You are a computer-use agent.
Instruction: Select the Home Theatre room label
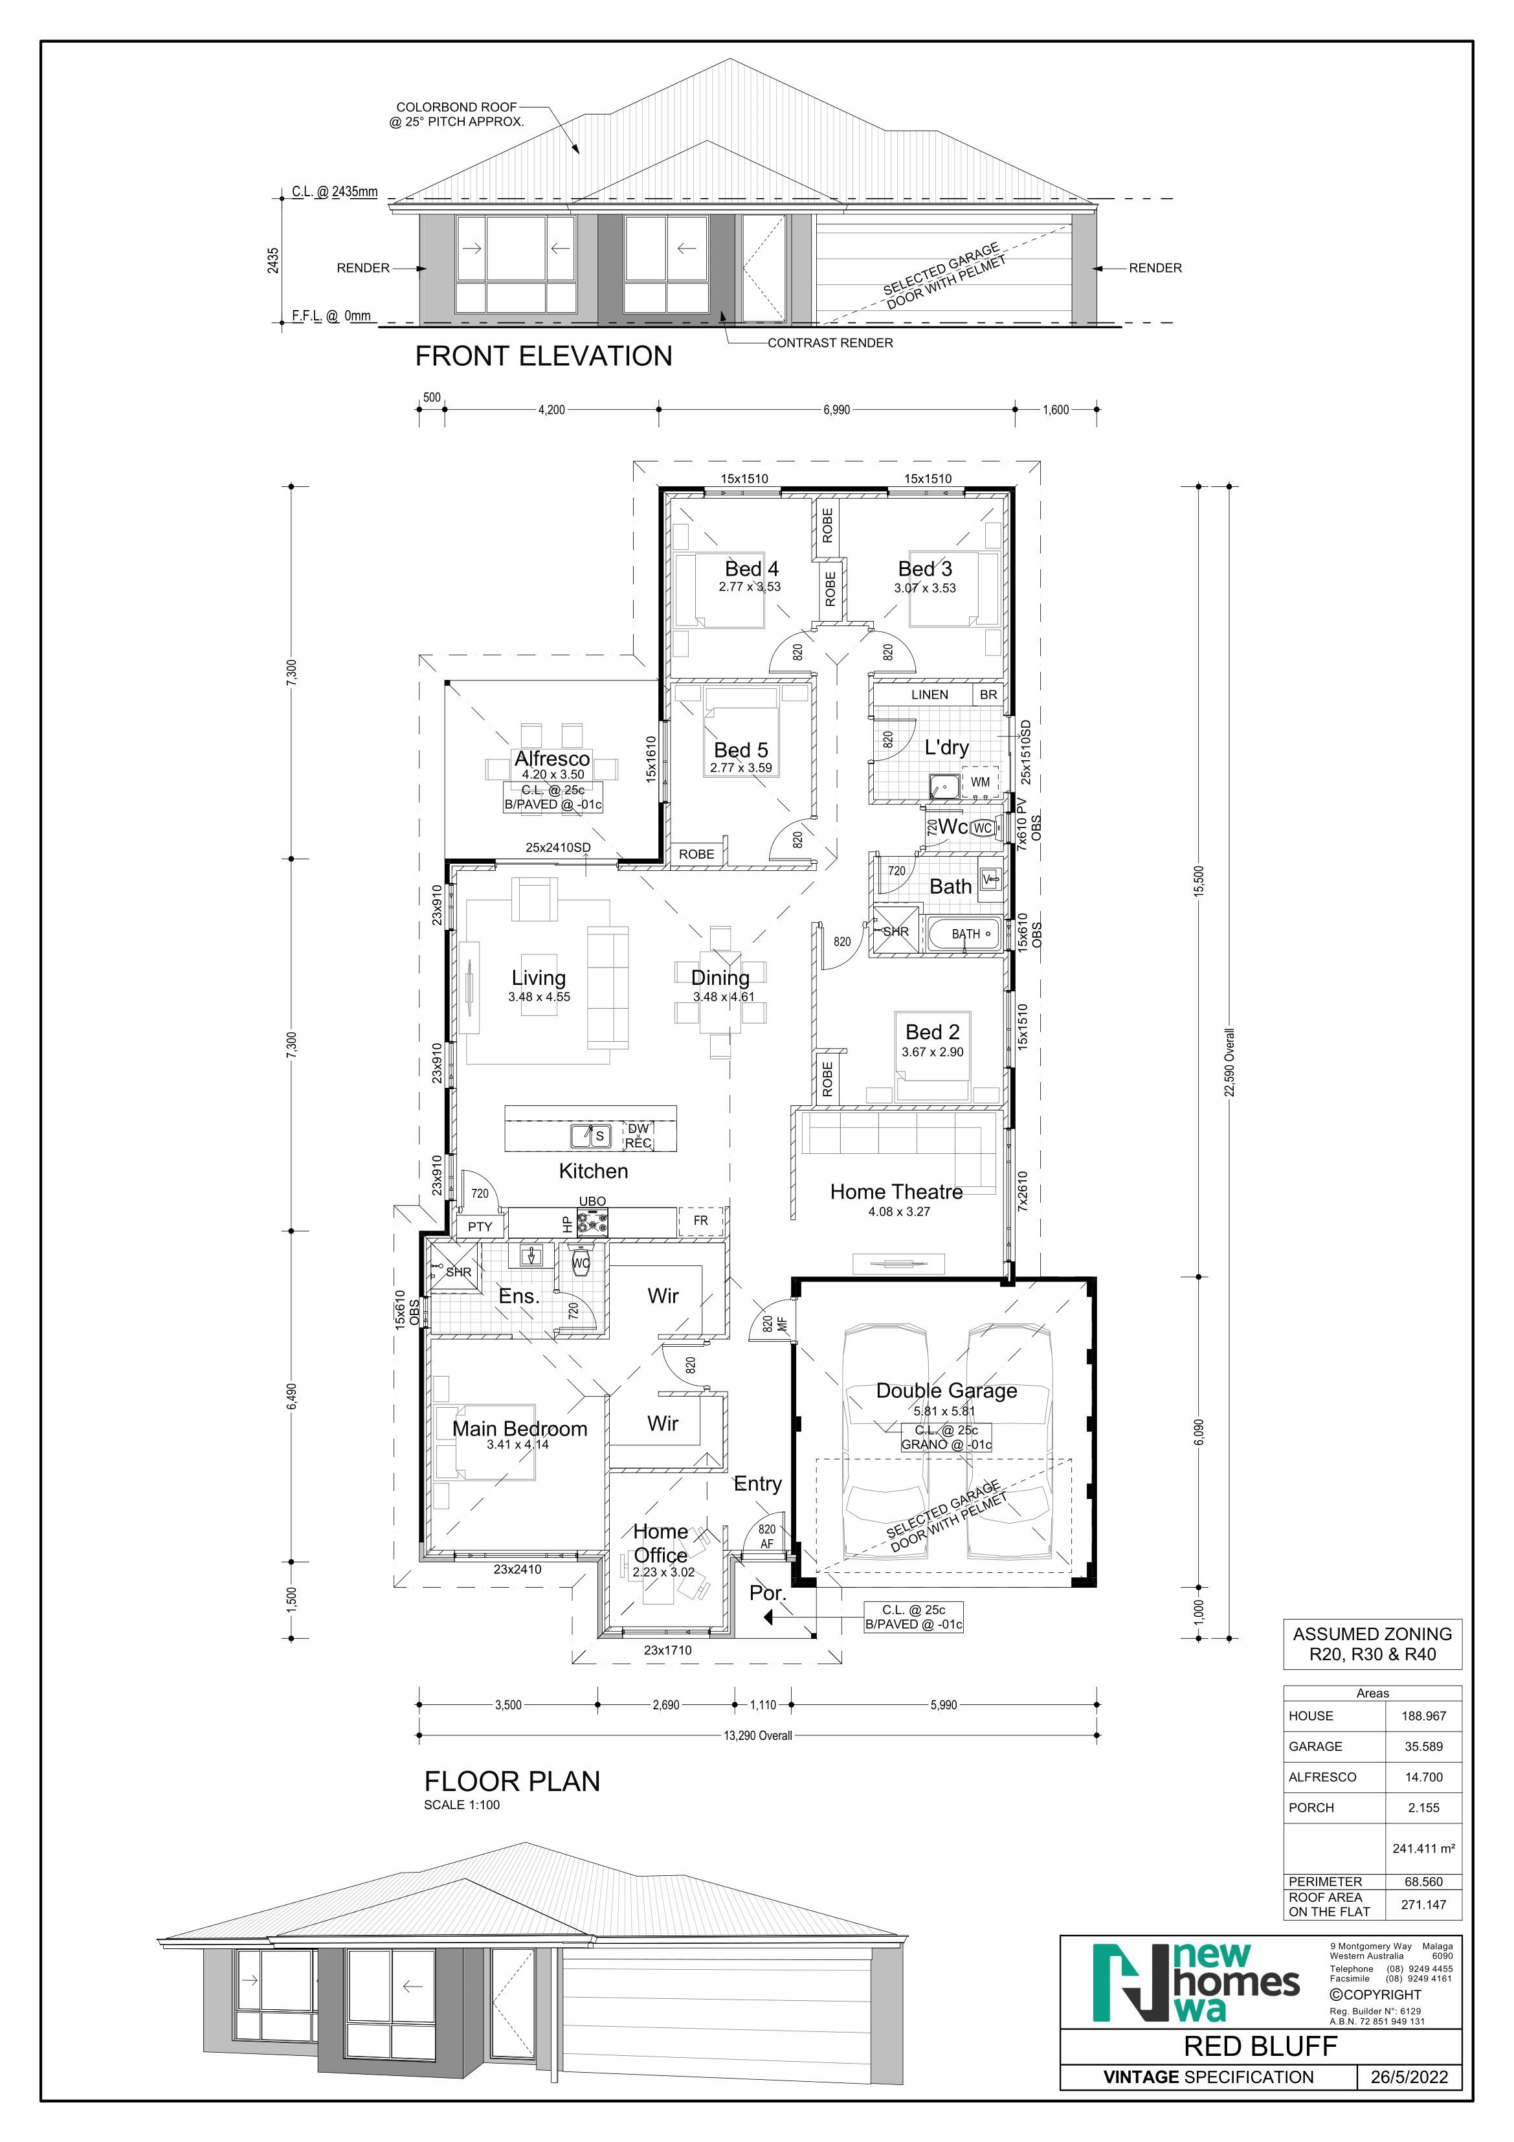(896, 1191)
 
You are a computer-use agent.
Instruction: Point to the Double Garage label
(947, 1390)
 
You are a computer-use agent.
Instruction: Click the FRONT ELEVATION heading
(544, 355)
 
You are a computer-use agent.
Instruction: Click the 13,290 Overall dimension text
(759, 1735)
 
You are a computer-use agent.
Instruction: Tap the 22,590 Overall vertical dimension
(1229, 1063)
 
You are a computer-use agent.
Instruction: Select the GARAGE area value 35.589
(1423, 1746)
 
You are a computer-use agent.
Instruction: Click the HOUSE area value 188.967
(1423, 1716)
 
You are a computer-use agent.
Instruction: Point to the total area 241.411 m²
(1423, 1848)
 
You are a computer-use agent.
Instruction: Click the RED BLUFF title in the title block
(1260, 2046)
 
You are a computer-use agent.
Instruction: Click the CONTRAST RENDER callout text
(830, 343)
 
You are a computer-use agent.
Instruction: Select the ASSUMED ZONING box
(1372, 1644)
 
